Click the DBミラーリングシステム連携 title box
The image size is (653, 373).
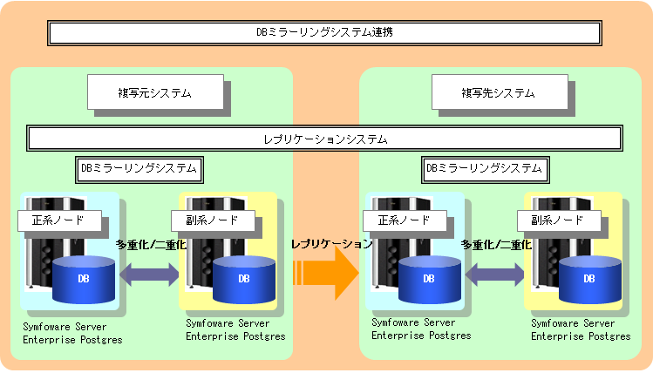(x=324, y=33)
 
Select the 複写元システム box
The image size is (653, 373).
(x=155, y=92)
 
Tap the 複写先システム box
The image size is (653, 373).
(x=500, y=92)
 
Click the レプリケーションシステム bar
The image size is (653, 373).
(x=325, y=139)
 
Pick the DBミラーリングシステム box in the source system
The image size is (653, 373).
(x=139, y=169)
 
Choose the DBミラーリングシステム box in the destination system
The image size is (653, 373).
(x=485, y=169)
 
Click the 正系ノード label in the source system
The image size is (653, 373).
(x=59, y=220)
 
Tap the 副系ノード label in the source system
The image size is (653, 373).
(x=213, y=220)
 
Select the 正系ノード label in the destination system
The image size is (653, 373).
(x=405, y=220)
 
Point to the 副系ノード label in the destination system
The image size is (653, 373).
(x=559, y=220)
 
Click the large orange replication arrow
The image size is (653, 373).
(x=326, y=273)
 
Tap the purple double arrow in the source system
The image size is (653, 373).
(x=149, y=275)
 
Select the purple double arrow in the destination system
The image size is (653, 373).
(x=494, y=275)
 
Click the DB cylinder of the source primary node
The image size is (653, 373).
(x=84, y=280)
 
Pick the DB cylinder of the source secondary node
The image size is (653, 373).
(x=244, y=280)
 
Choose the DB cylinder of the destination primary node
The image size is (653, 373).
(x=429, y=280)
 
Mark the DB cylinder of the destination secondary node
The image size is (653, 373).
(x=589, y=280)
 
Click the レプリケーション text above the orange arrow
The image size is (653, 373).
(x=331, y=244)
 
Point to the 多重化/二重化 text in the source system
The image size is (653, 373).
(x=151, y=245)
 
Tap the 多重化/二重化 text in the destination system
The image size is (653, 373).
(x=496, y=245)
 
